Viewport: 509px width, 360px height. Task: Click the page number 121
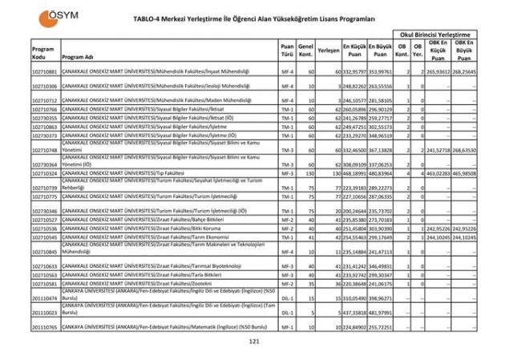255,342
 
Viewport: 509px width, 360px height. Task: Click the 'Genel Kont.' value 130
305,172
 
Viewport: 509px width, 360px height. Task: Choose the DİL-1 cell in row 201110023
287,312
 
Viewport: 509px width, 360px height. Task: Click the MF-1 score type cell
287,327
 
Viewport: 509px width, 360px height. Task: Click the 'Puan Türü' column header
287,50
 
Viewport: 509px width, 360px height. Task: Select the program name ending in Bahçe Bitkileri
128,219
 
